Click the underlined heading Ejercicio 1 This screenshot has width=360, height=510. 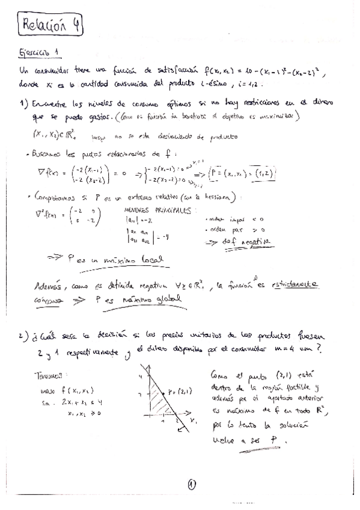(38, 53)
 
